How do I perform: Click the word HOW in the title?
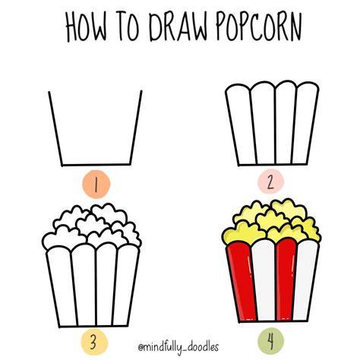(87, 27)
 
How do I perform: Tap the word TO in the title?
(129, 27)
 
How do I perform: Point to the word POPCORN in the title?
(259, 27)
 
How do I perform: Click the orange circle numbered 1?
(96, 184)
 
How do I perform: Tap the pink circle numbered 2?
(270, 182)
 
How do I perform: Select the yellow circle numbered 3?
(94, 343)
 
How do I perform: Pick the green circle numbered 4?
(270, 342)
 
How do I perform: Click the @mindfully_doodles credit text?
(178, 346)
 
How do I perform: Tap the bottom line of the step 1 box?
(96, 165)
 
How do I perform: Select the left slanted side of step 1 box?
(55, 128)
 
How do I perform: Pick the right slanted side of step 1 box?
(136, 128)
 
